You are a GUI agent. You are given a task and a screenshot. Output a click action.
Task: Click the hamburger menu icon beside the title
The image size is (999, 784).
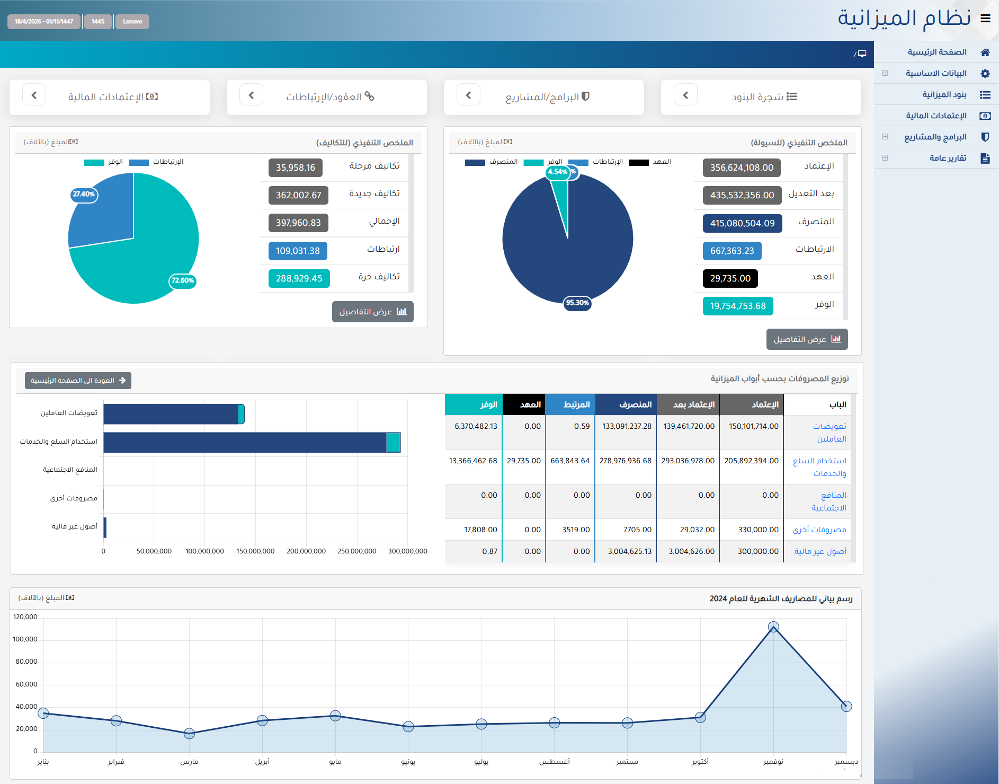(985, 19)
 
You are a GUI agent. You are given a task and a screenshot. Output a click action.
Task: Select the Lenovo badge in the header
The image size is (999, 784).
(132, 22)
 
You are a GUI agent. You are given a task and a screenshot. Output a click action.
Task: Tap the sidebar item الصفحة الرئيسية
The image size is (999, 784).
(937, 52)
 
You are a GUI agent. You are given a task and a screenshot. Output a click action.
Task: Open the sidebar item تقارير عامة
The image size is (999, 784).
(948, 158)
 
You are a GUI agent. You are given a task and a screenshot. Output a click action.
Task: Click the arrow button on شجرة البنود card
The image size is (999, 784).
(685, 95)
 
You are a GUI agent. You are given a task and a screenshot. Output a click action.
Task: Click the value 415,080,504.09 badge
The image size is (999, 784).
(742, 223)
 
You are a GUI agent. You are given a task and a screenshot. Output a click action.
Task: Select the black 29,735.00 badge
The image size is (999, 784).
(730, 278)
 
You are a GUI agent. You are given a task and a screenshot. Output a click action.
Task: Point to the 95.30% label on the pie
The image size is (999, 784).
(577, 303)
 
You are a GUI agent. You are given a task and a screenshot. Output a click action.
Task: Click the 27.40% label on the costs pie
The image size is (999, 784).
(84, 194)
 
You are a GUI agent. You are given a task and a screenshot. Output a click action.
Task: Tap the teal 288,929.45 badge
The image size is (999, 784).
(299, 278)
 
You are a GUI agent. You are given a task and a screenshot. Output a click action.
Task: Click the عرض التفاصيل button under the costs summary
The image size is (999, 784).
(373, 312)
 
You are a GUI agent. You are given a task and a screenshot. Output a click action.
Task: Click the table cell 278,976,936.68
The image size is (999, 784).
(626, 461)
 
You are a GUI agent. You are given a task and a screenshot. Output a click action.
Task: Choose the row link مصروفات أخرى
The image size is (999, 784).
(819, 530)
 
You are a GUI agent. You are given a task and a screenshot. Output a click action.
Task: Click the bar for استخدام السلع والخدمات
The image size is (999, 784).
(252, 443)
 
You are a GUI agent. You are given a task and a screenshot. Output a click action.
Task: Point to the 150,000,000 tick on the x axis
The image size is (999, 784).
(255, 551)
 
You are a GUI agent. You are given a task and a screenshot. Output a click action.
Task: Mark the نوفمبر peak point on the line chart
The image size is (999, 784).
(773, 627)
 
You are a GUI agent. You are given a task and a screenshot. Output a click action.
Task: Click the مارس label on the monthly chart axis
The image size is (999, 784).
(189, 762)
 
